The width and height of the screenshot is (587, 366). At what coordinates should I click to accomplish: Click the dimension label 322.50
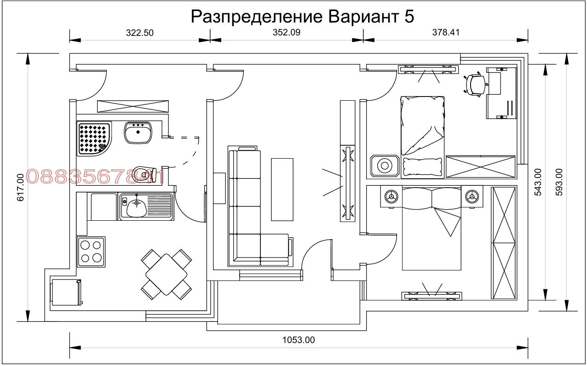(x=139, y=33)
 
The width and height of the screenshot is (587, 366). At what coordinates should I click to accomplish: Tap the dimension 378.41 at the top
(x=445, y=33)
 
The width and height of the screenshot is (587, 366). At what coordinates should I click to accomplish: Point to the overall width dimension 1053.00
(x=298, y=340)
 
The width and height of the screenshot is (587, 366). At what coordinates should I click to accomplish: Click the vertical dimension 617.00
(x=20, y=188)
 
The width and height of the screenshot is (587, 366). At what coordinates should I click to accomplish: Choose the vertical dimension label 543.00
(x=538, y=182)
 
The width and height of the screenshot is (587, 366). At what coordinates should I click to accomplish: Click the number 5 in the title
(x=409, y=17)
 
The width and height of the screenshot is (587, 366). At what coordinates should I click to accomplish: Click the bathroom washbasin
(x=138, y=133)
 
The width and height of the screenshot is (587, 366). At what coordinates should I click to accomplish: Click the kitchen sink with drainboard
(x=146, y=206)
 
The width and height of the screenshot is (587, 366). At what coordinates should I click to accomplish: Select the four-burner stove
(x=91, y=251)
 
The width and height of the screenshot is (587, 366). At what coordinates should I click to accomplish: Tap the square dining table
(x=166, y=274)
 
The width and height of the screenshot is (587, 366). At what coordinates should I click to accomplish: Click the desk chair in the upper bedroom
(x=476, y=84)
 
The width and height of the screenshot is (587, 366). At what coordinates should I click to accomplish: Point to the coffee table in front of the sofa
(x=282, y=189)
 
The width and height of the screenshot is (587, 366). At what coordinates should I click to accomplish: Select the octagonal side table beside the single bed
(x=384, y=166)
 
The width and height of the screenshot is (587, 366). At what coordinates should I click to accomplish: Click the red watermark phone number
(x=95, y=177)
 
